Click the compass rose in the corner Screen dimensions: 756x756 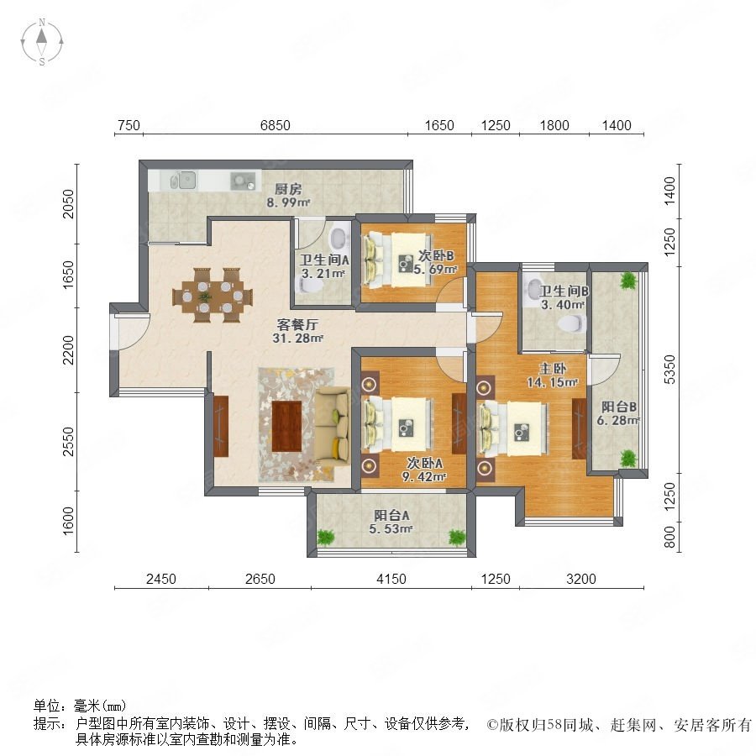42,42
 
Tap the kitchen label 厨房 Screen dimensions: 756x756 288,189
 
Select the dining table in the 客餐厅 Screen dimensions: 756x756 213,295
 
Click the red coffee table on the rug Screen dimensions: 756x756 286,426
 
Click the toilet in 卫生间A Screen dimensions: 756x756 339,238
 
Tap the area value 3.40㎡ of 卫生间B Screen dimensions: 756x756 563,305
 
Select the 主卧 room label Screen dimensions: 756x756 553,369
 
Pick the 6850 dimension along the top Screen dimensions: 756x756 276,125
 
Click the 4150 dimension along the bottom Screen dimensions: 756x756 391,579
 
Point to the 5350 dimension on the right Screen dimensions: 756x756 669,370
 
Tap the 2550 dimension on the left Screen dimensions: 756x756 69,441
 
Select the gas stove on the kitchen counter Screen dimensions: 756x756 243,181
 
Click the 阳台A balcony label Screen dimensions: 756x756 391,516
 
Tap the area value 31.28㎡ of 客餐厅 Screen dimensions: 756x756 297,339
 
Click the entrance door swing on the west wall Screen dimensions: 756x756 131,331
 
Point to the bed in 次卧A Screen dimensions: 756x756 397,424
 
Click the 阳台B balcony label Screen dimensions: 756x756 618,407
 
